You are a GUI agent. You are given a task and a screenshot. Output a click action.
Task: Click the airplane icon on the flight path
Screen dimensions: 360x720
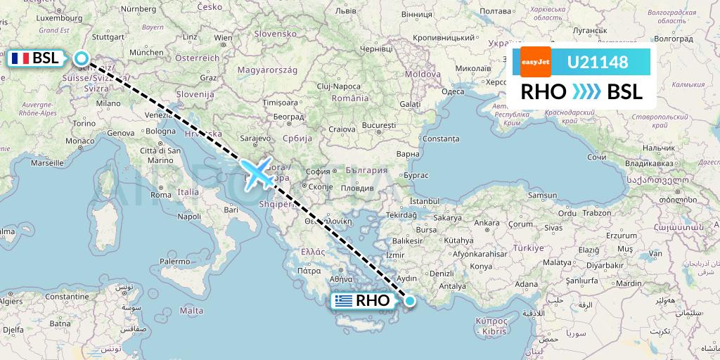pos(258,173)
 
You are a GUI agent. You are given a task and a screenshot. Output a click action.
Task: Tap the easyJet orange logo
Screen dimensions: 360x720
pos(536,62)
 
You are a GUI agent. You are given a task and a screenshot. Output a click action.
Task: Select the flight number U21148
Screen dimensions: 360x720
pos(598,62)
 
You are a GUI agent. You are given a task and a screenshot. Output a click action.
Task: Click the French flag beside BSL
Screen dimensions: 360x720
pos(20,58)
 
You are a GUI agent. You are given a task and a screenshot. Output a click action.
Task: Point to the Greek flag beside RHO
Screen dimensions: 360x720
pos(344,301)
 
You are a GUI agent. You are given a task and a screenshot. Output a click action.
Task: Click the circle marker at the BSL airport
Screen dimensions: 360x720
pos(82,59)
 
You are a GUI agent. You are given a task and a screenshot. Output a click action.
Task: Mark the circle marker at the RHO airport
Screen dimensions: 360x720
pos(410,301)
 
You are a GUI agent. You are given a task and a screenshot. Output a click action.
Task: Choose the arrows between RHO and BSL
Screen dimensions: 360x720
pos(586,92)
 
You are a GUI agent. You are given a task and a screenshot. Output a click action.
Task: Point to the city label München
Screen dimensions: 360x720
pos(146,52)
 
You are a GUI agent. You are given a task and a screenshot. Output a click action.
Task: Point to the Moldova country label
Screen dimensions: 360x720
pos(422,74)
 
